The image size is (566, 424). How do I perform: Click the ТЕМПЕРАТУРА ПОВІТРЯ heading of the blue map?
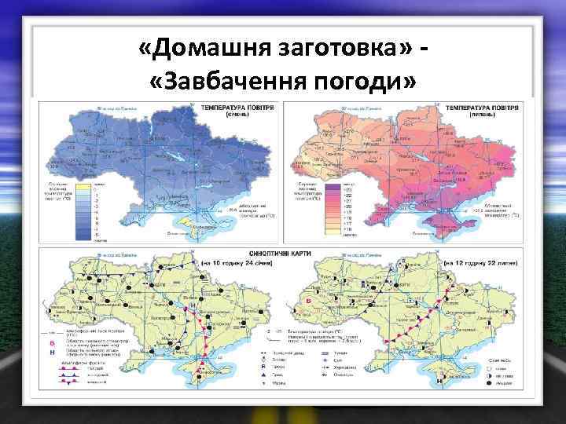(x=233, y=104)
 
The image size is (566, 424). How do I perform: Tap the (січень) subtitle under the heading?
(x=233, y=112)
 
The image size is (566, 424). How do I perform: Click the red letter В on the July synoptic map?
(x=309, y=302)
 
